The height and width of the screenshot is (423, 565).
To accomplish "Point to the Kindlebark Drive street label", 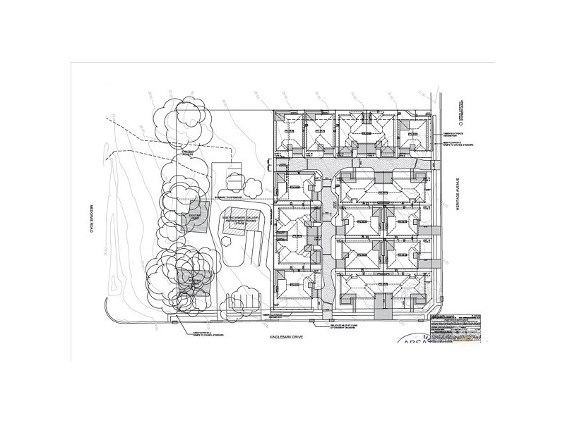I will point(292,339).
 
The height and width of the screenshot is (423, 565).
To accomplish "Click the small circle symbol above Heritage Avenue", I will point(460,123).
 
